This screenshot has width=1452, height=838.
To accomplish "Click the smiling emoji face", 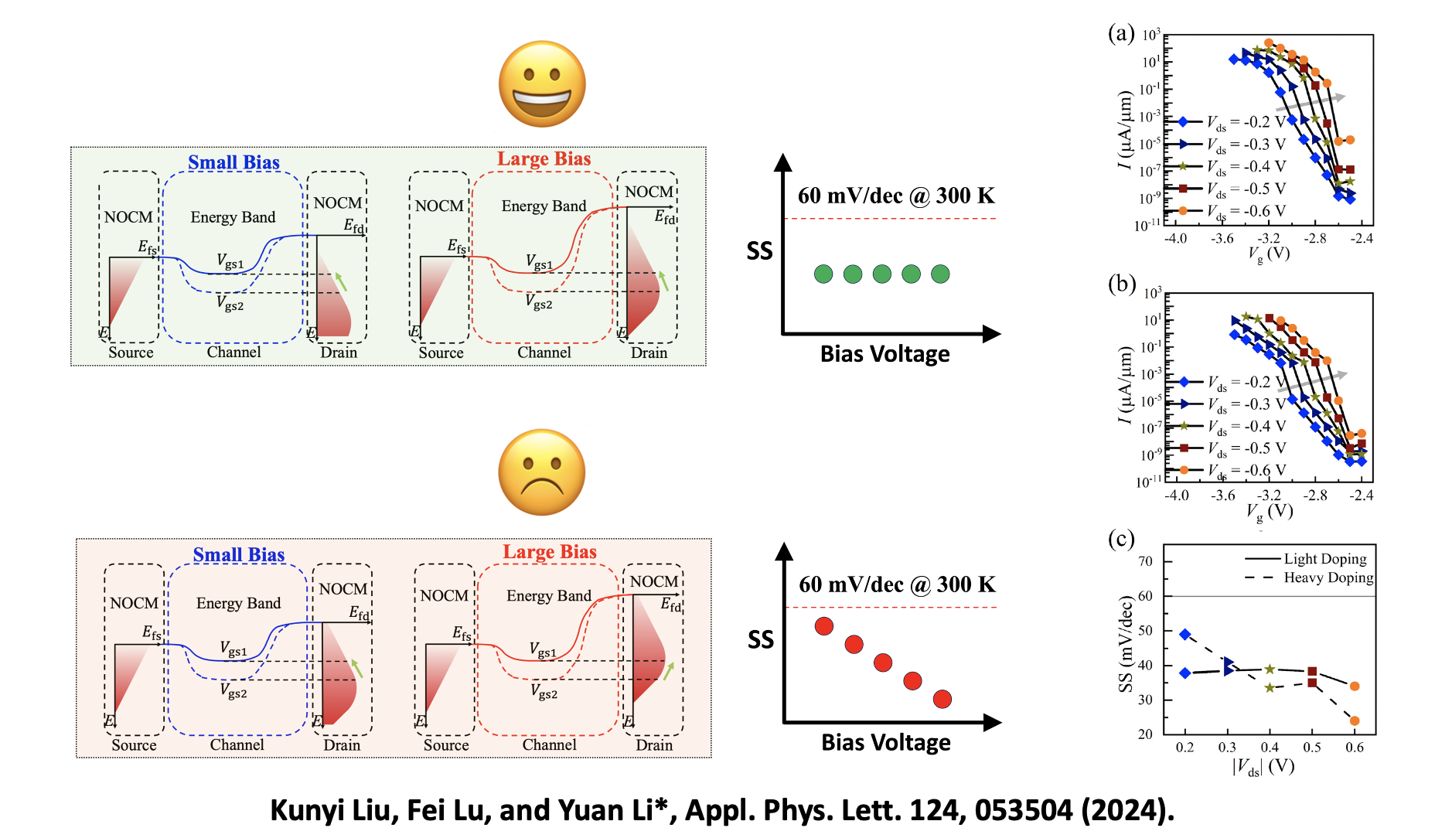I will point(541,83).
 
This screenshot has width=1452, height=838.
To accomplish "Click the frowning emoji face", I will point(541,472).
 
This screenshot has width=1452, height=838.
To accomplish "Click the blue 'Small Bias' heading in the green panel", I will point(233,162).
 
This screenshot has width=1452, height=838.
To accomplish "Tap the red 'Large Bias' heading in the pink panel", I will point(549,552).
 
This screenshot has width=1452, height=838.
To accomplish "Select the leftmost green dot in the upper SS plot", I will point(823,274).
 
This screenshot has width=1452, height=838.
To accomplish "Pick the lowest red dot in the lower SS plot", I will point(942,699).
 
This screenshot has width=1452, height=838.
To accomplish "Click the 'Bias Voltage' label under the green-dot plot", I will point(884,354).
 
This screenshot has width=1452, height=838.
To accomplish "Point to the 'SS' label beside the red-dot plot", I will point(760,639).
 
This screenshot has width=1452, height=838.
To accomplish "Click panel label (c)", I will point(1120,538).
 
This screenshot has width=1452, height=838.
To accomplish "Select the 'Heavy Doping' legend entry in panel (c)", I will point(1328,577).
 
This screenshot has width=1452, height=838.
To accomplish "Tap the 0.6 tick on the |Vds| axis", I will point(1354,748).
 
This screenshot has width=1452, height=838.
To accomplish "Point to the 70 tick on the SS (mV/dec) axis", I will point(1145,561).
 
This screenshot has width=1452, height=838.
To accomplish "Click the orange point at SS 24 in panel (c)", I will point(1354,720).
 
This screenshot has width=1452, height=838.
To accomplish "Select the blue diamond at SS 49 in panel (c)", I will point(1185,634).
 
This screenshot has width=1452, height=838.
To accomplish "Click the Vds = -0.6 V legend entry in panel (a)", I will point(1245,211).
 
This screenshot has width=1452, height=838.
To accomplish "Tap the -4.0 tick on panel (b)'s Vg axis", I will point(1176,496).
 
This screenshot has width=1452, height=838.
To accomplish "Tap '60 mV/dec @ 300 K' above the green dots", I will point(895,196).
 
